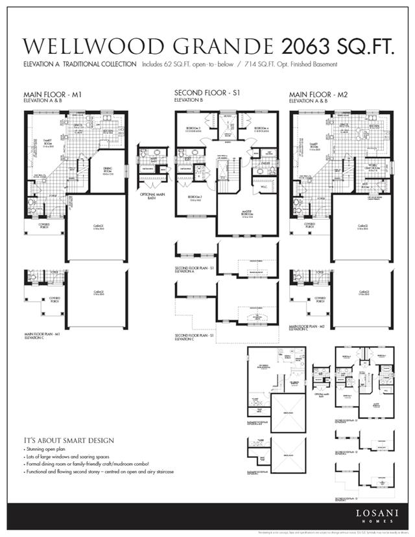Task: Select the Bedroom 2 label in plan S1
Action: coord(195,198)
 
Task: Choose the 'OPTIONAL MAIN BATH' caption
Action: coord(153,196)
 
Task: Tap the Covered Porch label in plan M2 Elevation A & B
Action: coord(309,225)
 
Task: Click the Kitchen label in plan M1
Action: coord(108,131)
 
